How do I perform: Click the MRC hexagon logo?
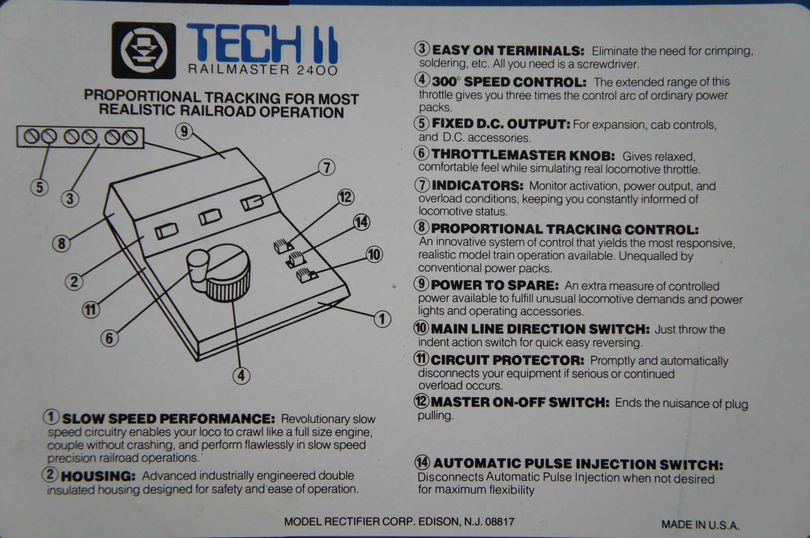point(144,50)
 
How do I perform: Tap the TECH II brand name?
point(263,44)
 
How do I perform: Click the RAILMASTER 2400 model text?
point(263,69)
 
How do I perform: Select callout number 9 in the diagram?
point(184,131)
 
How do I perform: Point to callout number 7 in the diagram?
point(327,168)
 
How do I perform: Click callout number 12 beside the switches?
point(346,197)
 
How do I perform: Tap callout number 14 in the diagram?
point(361,222)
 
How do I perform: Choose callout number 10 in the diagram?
point(374,254)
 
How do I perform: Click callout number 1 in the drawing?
point(382,319)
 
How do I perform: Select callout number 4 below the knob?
point(241,375)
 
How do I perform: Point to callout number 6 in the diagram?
point(109,338)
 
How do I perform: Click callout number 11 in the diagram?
point(91,310)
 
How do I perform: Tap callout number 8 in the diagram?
point(61,244)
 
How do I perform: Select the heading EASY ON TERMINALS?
point(508,51)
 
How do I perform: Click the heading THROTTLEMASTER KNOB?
point(523,156)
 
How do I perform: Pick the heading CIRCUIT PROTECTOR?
point(507,360)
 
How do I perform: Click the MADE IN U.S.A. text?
point(700,525)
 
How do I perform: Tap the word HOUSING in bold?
point(98,476)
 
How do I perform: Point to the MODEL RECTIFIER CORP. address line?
point(399,522)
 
